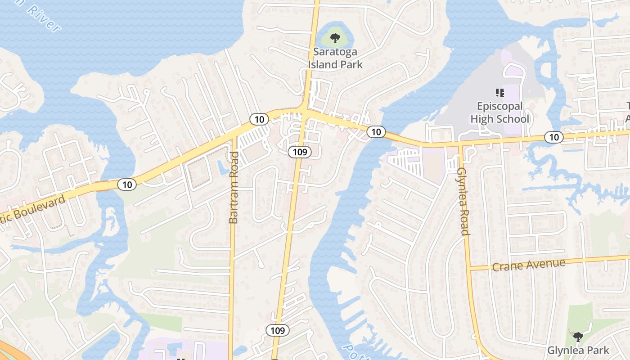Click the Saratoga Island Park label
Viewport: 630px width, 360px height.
335,58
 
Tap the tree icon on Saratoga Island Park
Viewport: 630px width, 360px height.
335,38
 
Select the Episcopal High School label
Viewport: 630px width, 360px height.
499,112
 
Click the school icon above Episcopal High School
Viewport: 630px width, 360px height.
499,93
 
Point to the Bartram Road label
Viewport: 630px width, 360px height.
234,188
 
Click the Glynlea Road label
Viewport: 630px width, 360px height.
463,201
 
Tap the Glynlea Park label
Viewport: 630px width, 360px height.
578,350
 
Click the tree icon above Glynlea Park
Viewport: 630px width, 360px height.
578,337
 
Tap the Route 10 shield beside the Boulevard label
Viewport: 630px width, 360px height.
127,184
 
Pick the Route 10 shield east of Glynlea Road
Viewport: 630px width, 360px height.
554,137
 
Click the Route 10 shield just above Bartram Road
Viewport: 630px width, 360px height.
259,119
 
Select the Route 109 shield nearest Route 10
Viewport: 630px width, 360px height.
300,152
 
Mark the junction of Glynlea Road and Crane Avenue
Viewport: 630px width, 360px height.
469,269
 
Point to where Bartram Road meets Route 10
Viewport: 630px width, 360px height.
234,134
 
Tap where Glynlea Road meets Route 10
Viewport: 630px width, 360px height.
460,145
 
